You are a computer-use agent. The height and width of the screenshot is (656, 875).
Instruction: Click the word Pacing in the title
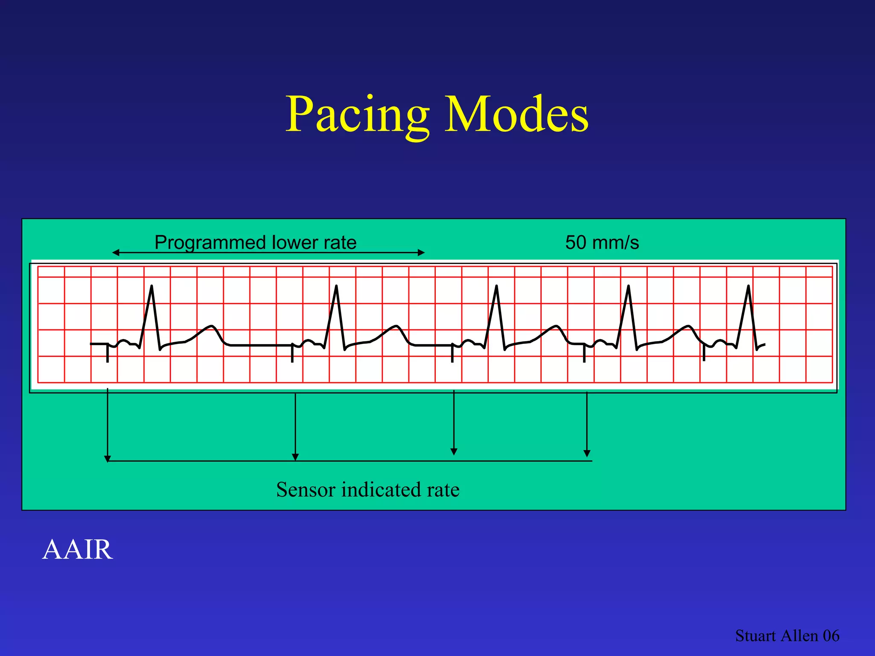click(x=357, y=114)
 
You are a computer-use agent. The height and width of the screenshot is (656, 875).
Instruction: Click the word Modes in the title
click(x=517, y=114)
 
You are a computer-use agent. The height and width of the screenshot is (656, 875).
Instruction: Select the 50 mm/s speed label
click(x=602, y=243)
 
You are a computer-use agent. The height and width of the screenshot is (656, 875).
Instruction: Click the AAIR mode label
click(x=77, y=549)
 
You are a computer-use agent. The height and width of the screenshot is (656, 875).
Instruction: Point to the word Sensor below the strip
click(x=305, y=489)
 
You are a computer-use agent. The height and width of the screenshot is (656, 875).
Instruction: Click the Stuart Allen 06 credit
click(x=787, y=635)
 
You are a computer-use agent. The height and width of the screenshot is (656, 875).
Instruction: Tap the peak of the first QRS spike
click(x=152, y=286)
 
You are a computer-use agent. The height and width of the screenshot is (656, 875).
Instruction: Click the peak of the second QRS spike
click(x=337, y=286)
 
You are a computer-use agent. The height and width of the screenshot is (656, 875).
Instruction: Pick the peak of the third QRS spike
click(x=496, y=286)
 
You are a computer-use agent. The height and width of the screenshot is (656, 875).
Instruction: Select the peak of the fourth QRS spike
click(x=628, y=286)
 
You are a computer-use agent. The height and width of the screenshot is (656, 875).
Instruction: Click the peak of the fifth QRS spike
click(x=749, y=286)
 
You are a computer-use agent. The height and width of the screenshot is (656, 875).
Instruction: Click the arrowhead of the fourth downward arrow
click(x=587, y=453)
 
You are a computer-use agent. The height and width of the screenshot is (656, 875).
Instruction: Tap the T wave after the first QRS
click(x=210, y=327)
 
